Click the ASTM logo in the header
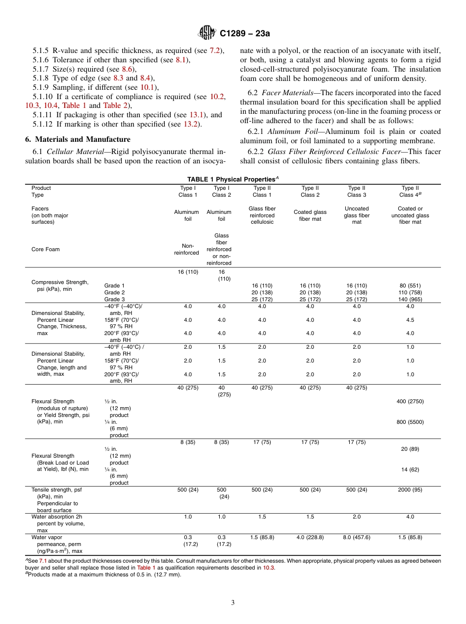[x=207, y=33]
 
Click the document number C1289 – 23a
[x=245, y=33]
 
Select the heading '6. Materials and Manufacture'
[x=78, y=139]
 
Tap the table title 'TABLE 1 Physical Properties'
[x=232, y=180]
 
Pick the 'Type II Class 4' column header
[x=410, y=191]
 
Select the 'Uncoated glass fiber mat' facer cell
[x=357, y=215]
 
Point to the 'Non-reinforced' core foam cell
[x=188, y=249]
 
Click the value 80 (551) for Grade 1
[x=410, y=286]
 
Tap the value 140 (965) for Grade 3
[x=410, y=299]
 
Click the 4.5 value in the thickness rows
[x=410, y=320]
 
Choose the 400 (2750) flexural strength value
[x=410, y=401]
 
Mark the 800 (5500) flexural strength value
[x=410, y=422]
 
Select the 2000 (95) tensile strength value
[x=410, y=490]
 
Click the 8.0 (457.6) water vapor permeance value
[x=357, y=537]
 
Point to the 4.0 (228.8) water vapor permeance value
[x=310, y=537]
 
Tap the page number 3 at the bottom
[x=233, y=602]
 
